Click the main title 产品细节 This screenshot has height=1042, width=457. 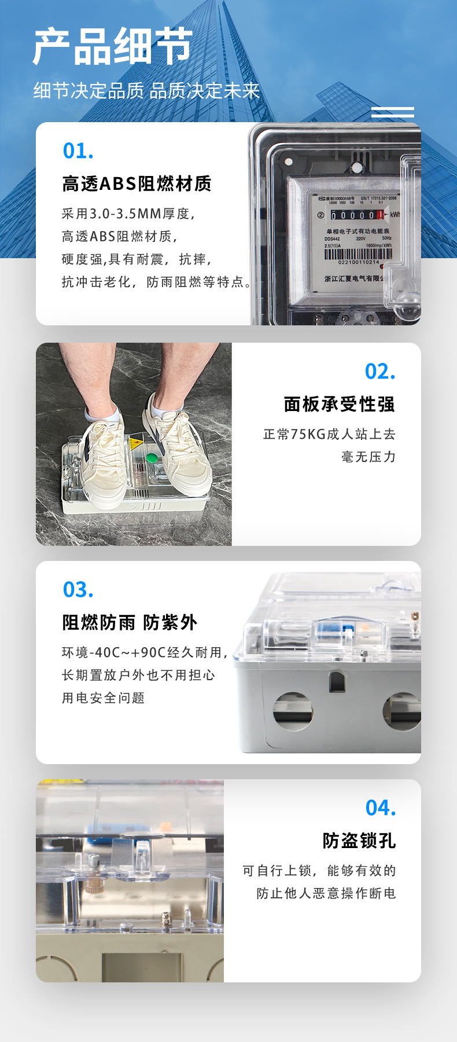pyautogui.click(x=113, y=46)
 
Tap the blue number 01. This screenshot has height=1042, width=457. pyautogui.click(x=78, y=151)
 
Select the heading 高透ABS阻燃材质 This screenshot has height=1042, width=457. pyautogui.click(x=137, y=184)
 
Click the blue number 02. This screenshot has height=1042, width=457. pyautogui.click(x=380, y=372)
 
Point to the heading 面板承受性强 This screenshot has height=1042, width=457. pyautogui.click(x=340, y=404)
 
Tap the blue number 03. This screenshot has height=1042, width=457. pyautogui.click(x=78, y=590)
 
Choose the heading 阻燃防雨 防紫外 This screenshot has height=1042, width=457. pyautogui.click(x=130, y=622)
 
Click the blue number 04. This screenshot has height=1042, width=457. pyautogui.click(x=381, y=808)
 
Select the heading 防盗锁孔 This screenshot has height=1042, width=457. pyautogui.click(x=359, y=841)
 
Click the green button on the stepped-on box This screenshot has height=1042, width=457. pyautogui.click(x=152, y=458)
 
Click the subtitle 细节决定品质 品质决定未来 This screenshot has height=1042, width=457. pyautogui.click(x=147, y=91)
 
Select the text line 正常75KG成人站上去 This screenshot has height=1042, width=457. pyautogui.click(x=330, y=434)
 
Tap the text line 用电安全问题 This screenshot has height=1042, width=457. pyautogui.click(x=104, y=698)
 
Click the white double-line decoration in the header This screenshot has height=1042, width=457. pyautogui.click(x=392, y=112)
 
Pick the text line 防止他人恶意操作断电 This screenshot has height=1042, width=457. pyautogui.click(x=327, y=893)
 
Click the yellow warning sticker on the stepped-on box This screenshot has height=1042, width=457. pyautogui.click(x=136, y=444)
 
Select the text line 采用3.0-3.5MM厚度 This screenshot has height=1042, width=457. pyautogui.click(x=128, y=214)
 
